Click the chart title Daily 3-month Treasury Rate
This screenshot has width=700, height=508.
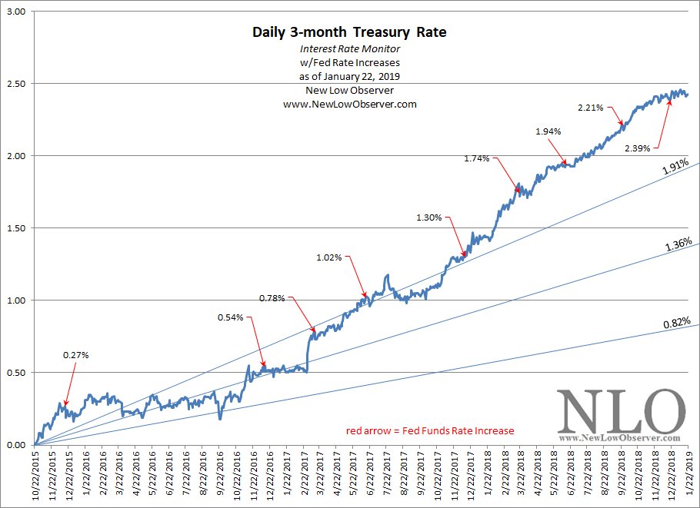pos(349,32)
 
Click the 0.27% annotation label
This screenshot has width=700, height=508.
pos(75,355)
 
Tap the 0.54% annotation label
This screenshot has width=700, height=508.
pos(230,317)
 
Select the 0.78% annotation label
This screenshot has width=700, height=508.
pos(272,297)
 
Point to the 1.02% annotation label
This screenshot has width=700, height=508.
pos(328,257)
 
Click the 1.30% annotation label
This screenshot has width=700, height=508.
pos(429,217)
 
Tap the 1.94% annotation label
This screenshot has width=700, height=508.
pos(548,131)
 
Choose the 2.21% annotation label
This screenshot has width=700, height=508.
pos(590,108)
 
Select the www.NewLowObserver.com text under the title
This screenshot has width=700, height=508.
pos(349,104)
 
